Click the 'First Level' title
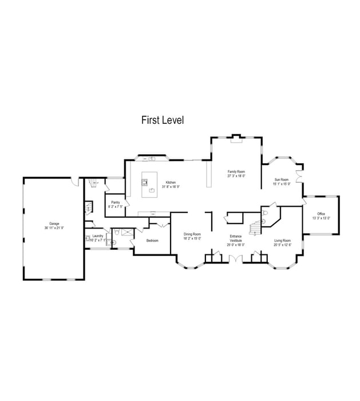(163, 120)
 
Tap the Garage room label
(54, 223)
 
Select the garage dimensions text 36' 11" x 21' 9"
(54, 228)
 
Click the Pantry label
(115, 202)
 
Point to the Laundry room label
(97, 235)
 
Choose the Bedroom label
(152, 241)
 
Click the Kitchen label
(171, 182)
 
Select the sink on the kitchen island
(145, 183)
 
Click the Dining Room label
(192, 234)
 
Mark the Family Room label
(236, 171)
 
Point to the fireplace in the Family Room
(236, 139)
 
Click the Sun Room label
(281, 180)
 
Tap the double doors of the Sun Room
(298, 172)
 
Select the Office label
(321, 214)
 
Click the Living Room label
(282, 241)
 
